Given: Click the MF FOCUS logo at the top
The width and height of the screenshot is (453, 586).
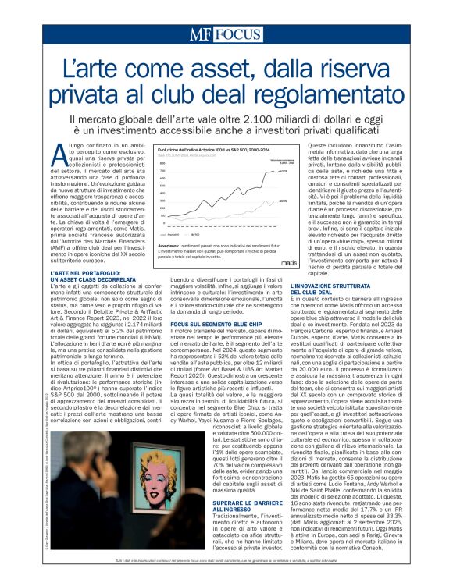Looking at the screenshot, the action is click(226, 35).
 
